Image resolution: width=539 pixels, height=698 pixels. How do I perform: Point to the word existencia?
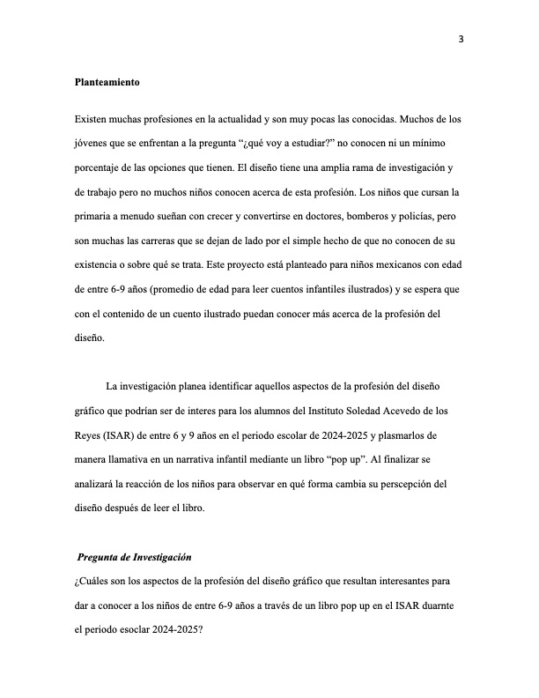(101, 264)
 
